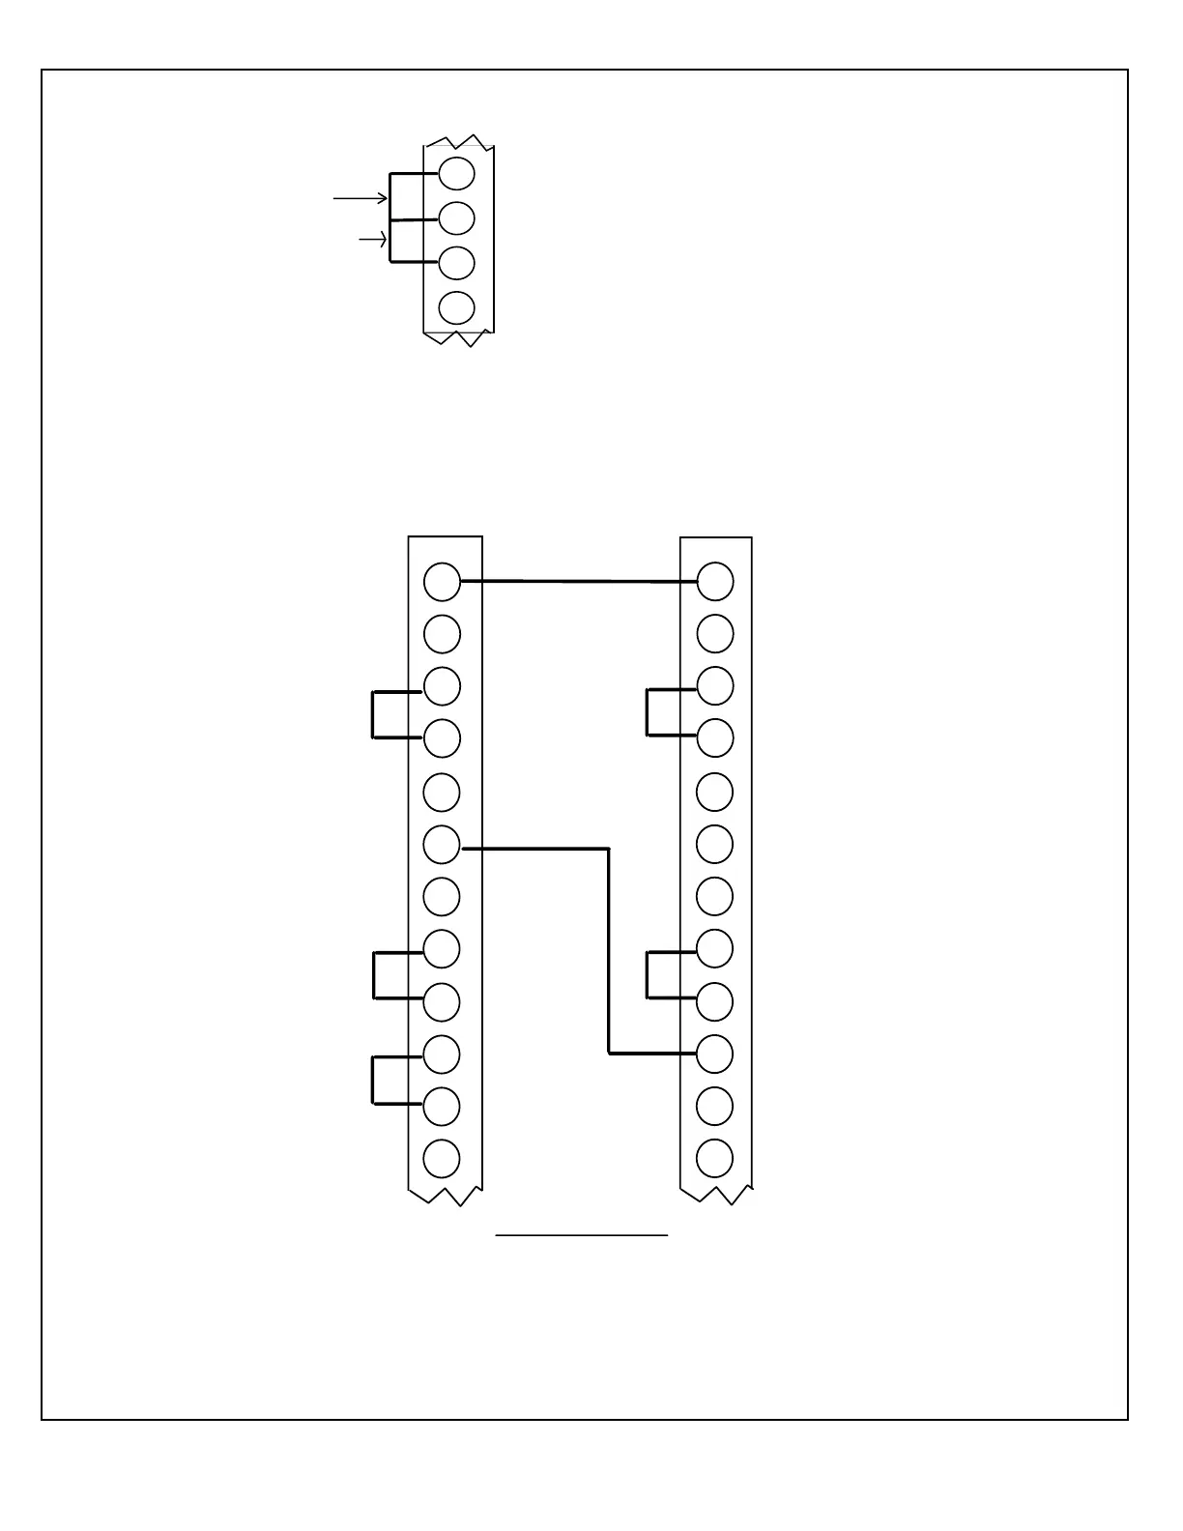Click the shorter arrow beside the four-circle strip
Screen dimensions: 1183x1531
(373, 240)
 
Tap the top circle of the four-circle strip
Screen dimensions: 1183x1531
(456, 174)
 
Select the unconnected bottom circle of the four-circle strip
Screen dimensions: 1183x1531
(456, 308)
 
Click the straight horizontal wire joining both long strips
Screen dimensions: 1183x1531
(580, 581)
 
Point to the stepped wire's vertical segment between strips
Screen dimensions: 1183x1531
(609, 952)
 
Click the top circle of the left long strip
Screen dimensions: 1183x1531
(442, 581)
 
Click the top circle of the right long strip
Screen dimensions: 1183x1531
(715, 582)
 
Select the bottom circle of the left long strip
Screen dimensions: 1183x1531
(442, 1158)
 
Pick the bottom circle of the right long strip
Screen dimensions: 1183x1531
(715, 1158)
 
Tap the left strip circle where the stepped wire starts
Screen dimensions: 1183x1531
(442, 845)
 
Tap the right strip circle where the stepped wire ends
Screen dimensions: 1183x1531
(715, 1054)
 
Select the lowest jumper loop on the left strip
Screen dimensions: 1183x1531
(373, 1081)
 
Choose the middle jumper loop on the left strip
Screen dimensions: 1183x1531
(374, 975)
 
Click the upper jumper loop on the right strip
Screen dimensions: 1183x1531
(648, 712)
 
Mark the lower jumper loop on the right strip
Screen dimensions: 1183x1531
(648, 974)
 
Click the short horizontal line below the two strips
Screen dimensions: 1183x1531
(582, 1235)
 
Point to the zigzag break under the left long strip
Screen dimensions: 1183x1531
(445, 1197)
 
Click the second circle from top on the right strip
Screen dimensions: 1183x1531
(715, 634)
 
